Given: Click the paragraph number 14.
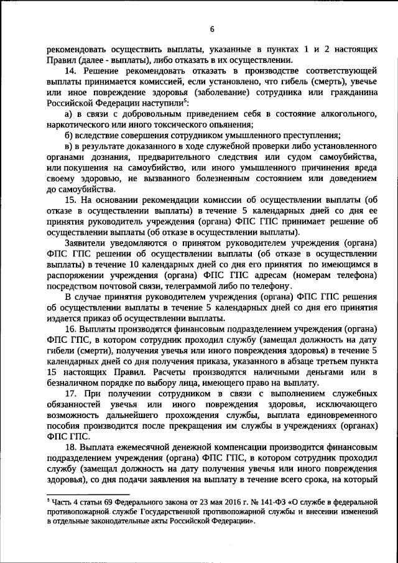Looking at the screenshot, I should [x=70, y=72].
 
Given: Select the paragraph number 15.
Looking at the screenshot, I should [x=70, y=199].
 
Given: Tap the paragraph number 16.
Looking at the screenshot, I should [x=70, y=327].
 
